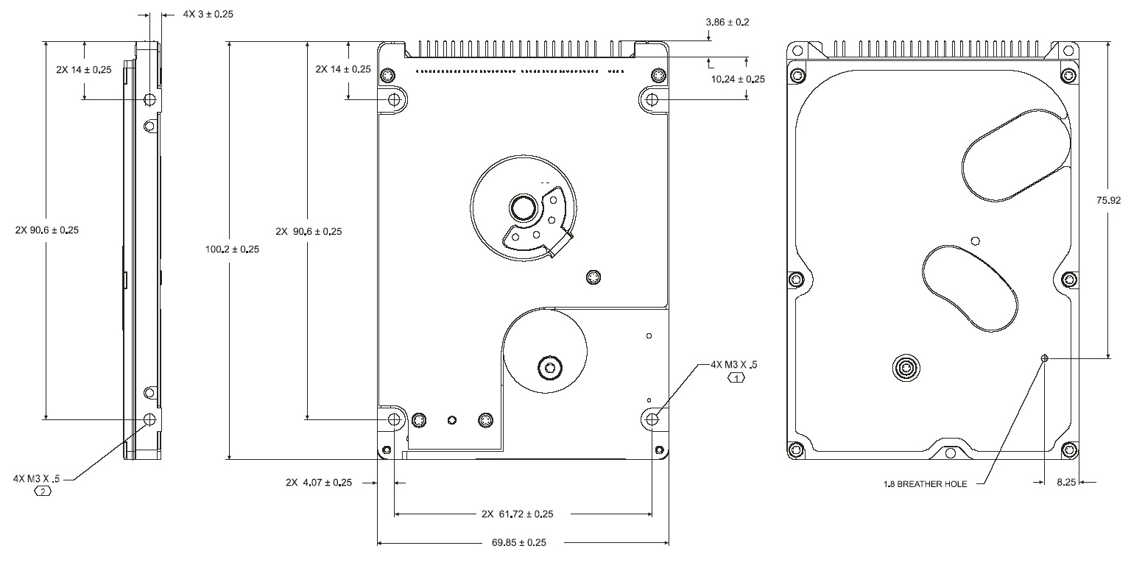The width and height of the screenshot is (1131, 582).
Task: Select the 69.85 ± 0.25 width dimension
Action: [x=518, y=543]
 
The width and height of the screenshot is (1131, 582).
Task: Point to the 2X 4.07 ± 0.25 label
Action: [x=319, y=483]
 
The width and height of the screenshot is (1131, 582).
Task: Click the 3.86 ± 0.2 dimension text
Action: [x=727, y=23]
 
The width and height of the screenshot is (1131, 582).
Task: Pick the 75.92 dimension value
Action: [x=1108, y=200]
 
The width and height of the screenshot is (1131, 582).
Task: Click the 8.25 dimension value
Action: [x=1066, y=483]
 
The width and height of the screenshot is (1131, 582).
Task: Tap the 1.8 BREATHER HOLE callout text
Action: [x=925, y=484]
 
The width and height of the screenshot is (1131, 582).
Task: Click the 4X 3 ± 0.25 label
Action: [x=197, y=14]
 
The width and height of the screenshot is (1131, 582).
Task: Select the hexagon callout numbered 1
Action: [x=736, y=378]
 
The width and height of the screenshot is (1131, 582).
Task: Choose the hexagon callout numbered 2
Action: [x=43, y=491]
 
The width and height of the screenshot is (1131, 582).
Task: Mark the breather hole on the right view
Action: [x=1044, y=358]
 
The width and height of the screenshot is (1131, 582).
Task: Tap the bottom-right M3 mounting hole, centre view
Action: [x=652, y=419]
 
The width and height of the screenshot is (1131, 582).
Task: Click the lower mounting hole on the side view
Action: [x=149, y=419]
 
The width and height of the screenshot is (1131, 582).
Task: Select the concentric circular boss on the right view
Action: [x=906, y=368]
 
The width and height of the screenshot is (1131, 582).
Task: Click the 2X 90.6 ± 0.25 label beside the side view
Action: [x=47, y=230]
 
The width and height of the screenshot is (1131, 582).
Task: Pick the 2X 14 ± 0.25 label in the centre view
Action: [x=343, y=69]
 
